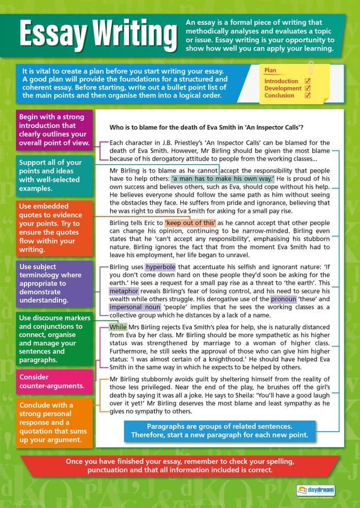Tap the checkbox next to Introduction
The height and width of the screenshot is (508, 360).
(x=307, y=81)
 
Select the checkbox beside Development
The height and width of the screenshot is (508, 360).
(x=307, y=88)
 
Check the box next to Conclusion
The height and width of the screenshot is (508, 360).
(x=307, y=95)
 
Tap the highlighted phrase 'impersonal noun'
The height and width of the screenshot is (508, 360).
(x=134, y=307)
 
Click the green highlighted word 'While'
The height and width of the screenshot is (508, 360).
(x=118, y=327)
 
